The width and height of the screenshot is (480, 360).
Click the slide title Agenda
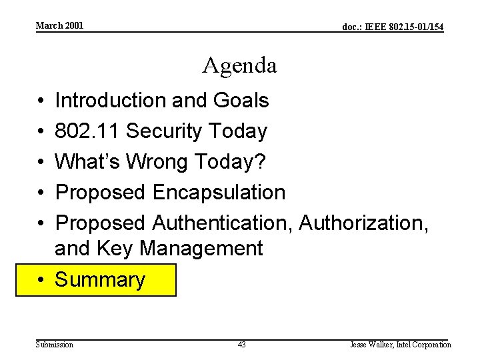point(240,65)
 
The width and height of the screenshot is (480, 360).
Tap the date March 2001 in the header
point(59,25)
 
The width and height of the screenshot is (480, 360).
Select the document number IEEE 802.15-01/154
point(393,27)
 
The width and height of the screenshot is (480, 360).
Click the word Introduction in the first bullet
point(111,101)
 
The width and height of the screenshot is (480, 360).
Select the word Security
point(165,131)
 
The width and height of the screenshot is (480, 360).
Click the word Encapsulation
point(219,193)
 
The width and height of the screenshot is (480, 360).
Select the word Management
point(201,249)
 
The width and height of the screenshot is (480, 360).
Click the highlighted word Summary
point(99,280)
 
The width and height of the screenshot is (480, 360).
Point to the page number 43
point(241,345)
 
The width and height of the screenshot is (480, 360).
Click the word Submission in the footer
point(55,345)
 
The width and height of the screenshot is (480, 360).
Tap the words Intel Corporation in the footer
point(424,345)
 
